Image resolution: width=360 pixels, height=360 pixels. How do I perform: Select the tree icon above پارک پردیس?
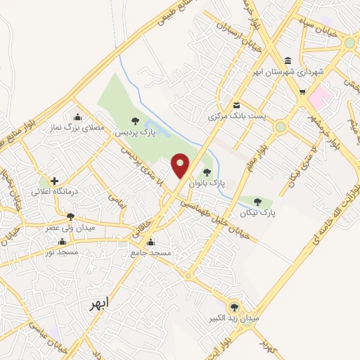(135, 121)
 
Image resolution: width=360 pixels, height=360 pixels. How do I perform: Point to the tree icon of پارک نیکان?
(257, 201)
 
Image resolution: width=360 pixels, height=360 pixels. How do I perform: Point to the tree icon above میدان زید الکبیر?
(234, 307)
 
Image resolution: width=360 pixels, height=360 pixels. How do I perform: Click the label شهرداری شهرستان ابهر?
(288, 72)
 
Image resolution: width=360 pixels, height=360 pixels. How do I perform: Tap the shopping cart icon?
(302, 91)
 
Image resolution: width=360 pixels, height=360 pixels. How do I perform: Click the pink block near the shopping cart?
(319, 97)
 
